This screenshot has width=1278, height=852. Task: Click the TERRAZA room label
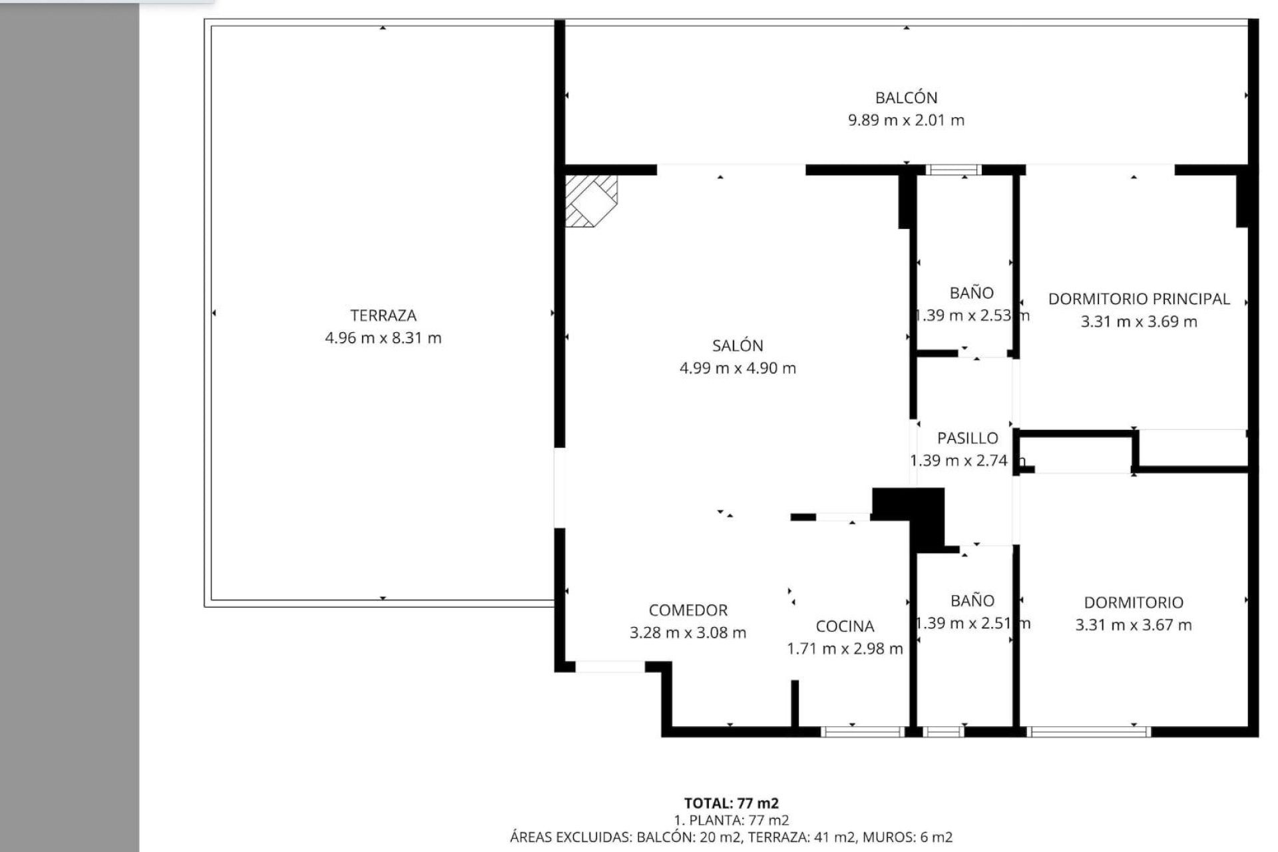383,316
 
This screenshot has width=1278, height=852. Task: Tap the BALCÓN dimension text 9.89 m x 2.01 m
906,120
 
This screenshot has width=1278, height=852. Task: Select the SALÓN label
737,345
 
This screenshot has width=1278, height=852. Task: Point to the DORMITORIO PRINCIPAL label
1138,299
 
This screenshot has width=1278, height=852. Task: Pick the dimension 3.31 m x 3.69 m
1138,321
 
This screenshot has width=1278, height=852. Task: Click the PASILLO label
967,438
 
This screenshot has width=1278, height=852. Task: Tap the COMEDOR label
688,610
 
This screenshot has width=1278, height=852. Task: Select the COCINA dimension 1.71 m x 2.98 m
845,648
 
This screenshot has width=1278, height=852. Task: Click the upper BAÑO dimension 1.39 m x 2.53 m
972,316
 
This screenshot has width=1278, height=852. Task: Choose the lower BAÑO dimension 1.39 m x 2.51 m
972,623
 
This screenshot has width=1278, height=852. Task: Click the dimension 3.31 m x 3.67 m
1133,624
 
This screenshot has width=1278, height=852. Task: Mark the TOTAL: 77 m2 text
731,803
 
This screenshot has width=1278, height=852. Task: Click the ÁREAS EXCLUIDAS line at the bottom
731,837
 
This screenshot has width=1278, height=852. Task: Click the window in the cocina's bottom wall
861,732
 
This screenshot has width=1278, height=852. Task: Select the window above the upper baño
955,170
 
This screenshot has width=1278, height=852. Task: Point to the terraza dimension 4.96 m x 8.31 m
383,338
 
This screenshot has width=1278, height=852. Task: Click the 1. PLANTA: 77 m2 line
731,820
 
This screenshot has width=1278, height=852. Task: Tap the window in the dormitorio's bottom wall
1089,732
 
